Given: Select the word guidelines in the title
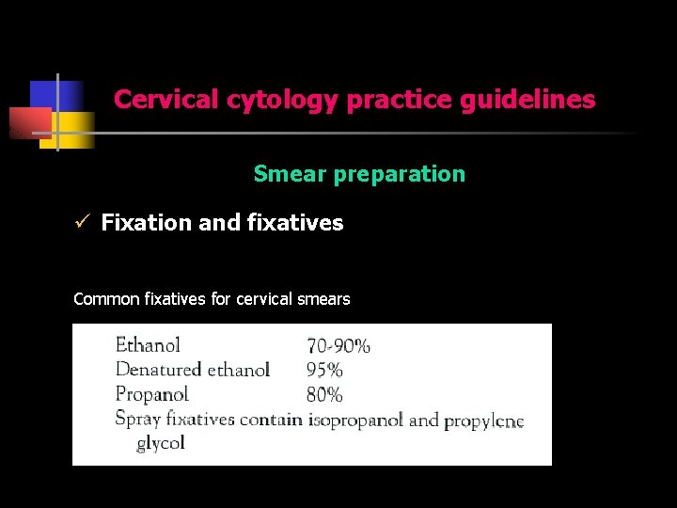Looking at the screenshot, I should pos(527,100).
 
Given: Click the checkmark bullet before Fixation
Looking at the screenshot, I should pos(82,223).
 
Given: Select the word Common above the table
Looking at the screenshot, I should pos(106,299).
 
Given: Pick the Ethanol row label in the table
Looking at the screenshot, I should pos(148,345).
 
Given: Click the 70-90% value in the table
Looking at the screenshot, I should pos(338,346).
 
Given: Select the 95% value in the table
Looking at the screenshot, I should pos(324,371).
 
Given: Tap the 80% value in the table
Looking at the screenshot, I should pos(324,395).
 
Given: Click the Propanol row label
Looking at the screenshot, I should pos(152,395).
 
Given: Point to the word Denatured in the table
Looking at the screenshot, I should pos(158,370).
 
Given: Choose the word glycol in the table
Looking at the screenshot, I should pos(161,443).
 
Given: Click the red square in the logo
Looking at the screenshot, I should pos(30,123).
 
